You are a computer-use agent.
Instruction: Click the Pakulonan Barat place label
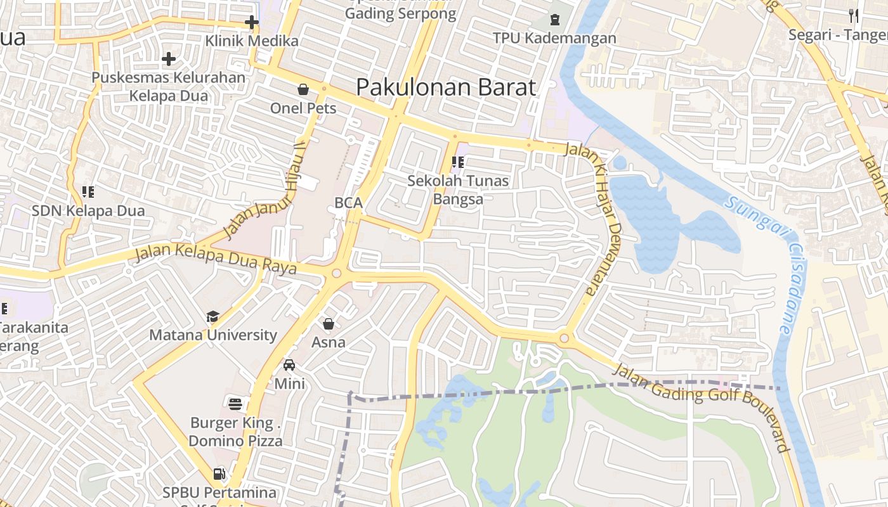[446, 87]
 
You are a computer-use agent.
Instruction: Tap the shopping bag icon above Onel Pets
[303, 89]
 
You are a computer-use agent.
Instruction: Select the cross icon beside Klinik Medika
[252, 23]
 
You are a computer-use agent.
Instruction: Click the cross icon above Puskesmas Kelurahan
[168, 60]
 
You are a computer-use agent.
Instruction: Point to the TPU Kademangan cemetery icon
[555, 20]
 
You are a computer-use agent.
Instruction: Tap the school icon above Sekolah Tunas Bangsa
[457, 162]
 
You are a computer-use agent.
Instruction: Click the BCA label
[348, 203]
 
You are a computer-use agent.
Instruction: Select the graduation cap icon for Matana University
[212, 316]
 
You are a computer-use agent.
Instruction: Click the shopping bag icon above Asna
[329, 324]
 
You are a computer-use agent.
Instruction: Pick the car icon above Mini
[289, 365]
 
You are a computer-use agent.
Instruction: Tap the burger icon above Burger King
[235, 404]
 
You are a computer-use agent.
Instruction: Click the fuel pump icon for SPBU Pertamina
[219, 473]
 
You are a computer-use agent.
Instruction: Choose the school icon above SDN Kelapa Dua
[88, 191]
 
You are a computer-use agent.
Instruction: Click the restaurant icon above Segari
[853, 16]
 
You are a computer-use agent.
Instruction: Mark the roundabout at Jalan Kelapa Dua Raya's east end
[336, 274]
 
